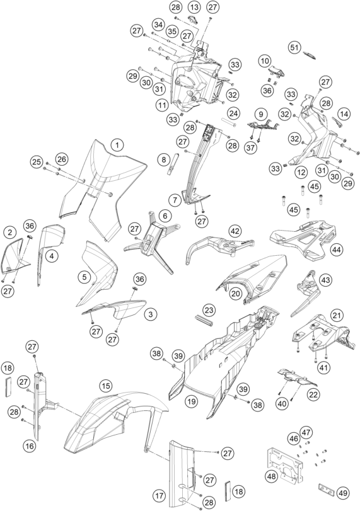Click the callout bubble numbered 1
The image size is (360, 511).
(117, 145)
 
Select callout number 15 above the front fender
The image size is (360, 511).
(105, 386)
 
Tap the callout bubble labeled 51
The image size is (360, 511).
(294, 48)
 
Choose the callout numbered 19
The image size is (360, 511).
(192, 401)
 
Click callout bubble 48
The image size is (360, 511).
(272, 476)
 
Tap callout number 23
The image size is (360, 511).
(209, 310)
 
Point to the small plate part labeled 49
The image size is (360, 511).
(326, 488)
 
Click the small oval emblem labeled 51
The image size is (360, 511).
(310, 54)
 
